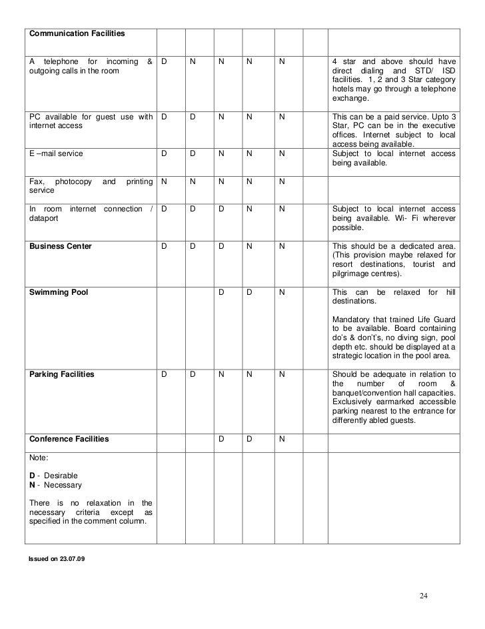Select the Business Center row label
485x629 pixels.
coord(60,246)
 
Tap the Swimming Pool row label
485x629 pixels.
coord(59,292)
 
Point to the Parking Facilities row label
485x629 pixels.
coord(61,374)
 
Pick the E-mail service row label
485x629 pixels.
coord(57,153)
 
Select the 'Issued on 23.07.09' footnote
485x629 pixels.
coord(57,558)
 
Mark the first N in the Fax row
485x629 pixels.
coord(164,181)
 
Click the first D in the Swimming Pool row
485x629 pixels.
coord(221,292)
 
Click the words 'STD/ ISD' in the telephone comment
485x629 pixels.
coord(434,71)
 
